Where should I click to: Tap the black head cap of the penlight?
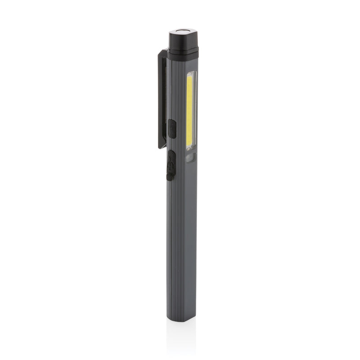(184, 40)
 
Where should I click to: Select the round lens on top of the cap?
(184, 32)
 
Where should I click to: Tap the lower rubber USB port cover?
(171, 165)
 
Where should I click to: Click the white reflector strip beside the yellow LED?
(195, 111)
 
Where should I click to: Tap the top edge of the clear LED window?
(192, 71)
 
